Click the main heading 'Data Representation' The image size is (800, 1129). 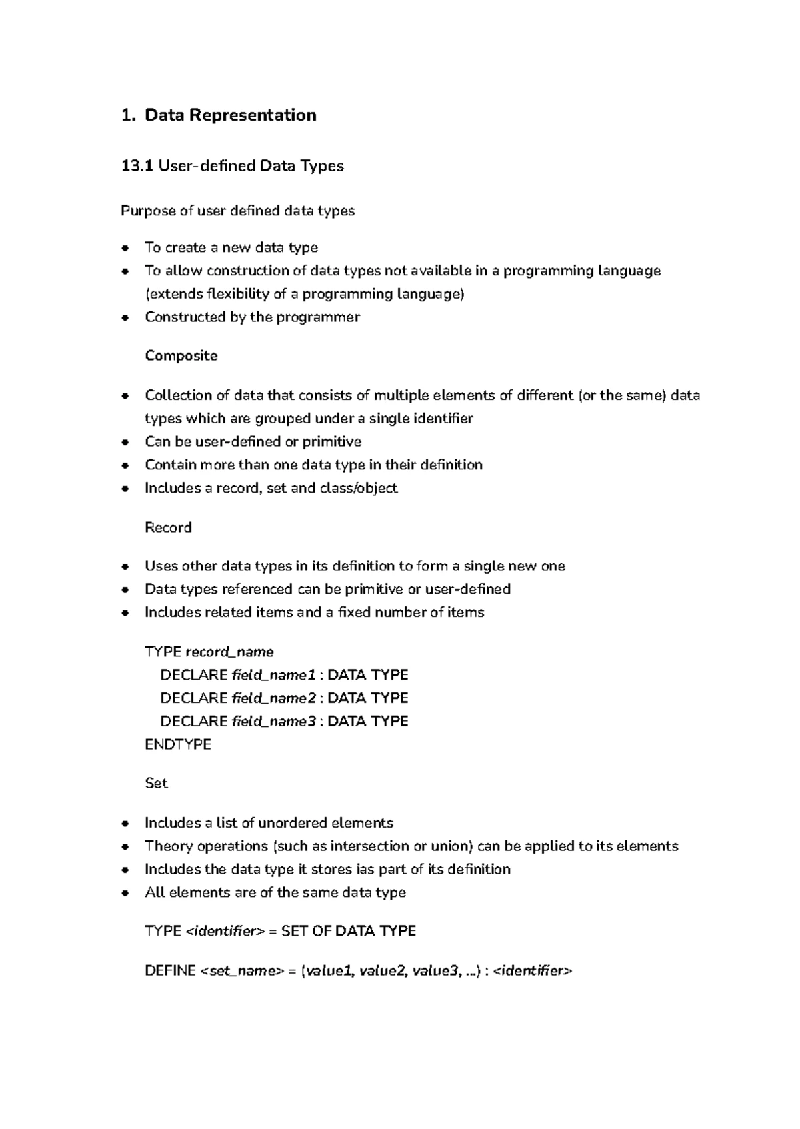[x=230, y=115]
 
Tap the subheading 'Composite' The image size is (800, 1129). [x=181, y=355]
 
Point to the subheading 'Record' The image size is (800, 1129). [x=168, y=527]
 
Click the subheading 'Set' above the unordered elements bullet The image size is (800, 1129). [x=156, y=783]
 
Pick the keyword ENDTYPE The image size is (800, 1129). [x=178, y=744]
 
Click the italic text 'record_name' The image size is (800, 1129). [x=229, y=652]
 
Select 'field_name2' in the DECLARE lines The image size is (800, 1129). [x=273, y=698]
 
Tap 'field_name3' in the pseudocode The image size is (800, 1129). [x=273, y=721]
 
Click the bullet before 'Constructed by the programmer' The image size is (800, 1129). [x=125, y=317]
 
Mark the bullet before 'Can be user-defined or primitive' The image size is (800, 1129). [x=125, y=442]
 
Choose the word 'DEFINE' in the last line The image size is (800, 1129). [x=170, y=971]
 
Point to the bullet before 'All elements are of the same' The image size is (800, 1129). [x=125, y=893]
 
